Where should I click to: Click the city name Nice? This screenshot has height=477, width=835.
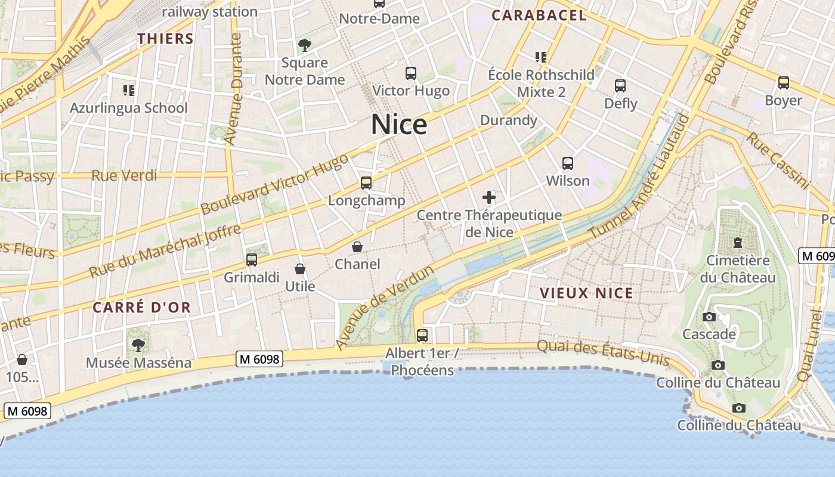(399, 125)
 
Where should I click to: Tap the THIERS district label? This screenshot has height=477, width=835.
(165, 39)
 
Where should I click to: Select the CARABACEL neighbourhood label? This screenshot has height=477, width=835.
(539, 16)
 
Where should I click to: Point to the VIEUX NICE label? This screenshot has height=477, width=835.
(586, 293)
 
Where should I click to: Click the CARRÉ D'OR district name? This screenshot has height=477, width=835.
(142, 308)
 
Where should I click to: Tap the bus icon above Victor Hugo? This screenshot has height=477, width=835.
(411, 73)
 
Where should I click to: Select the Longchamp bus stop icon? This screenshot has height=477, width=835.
(366, 183)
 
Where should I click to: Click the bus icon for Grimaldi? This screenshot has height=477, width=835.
(252, 260)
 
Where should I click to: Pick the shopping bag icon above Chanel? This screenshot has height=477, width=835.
(357, 247)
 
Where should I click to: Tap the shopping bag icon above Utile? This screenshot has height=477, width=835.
(300, 270)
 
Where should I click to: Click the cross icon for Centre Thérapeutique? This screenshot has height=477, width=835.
(489, 197)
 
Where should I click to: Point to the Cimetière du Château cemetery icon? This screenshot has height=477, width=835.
(738, 243)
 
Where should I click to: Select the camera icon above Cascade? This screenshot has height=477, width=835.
(709, 317)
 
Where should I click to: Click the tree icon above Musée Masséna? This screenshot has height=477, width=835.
(138, 345)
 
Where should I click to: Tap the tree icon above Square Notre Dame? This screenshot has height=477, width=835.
(305, 45)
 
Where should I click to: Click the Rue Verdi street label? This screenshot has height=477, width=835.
(124, 175)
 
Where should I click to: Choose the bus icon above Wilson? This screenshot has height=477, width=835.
(568, 163)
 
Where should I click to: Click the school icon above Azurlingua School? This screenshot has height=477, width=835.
(129, 91)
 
